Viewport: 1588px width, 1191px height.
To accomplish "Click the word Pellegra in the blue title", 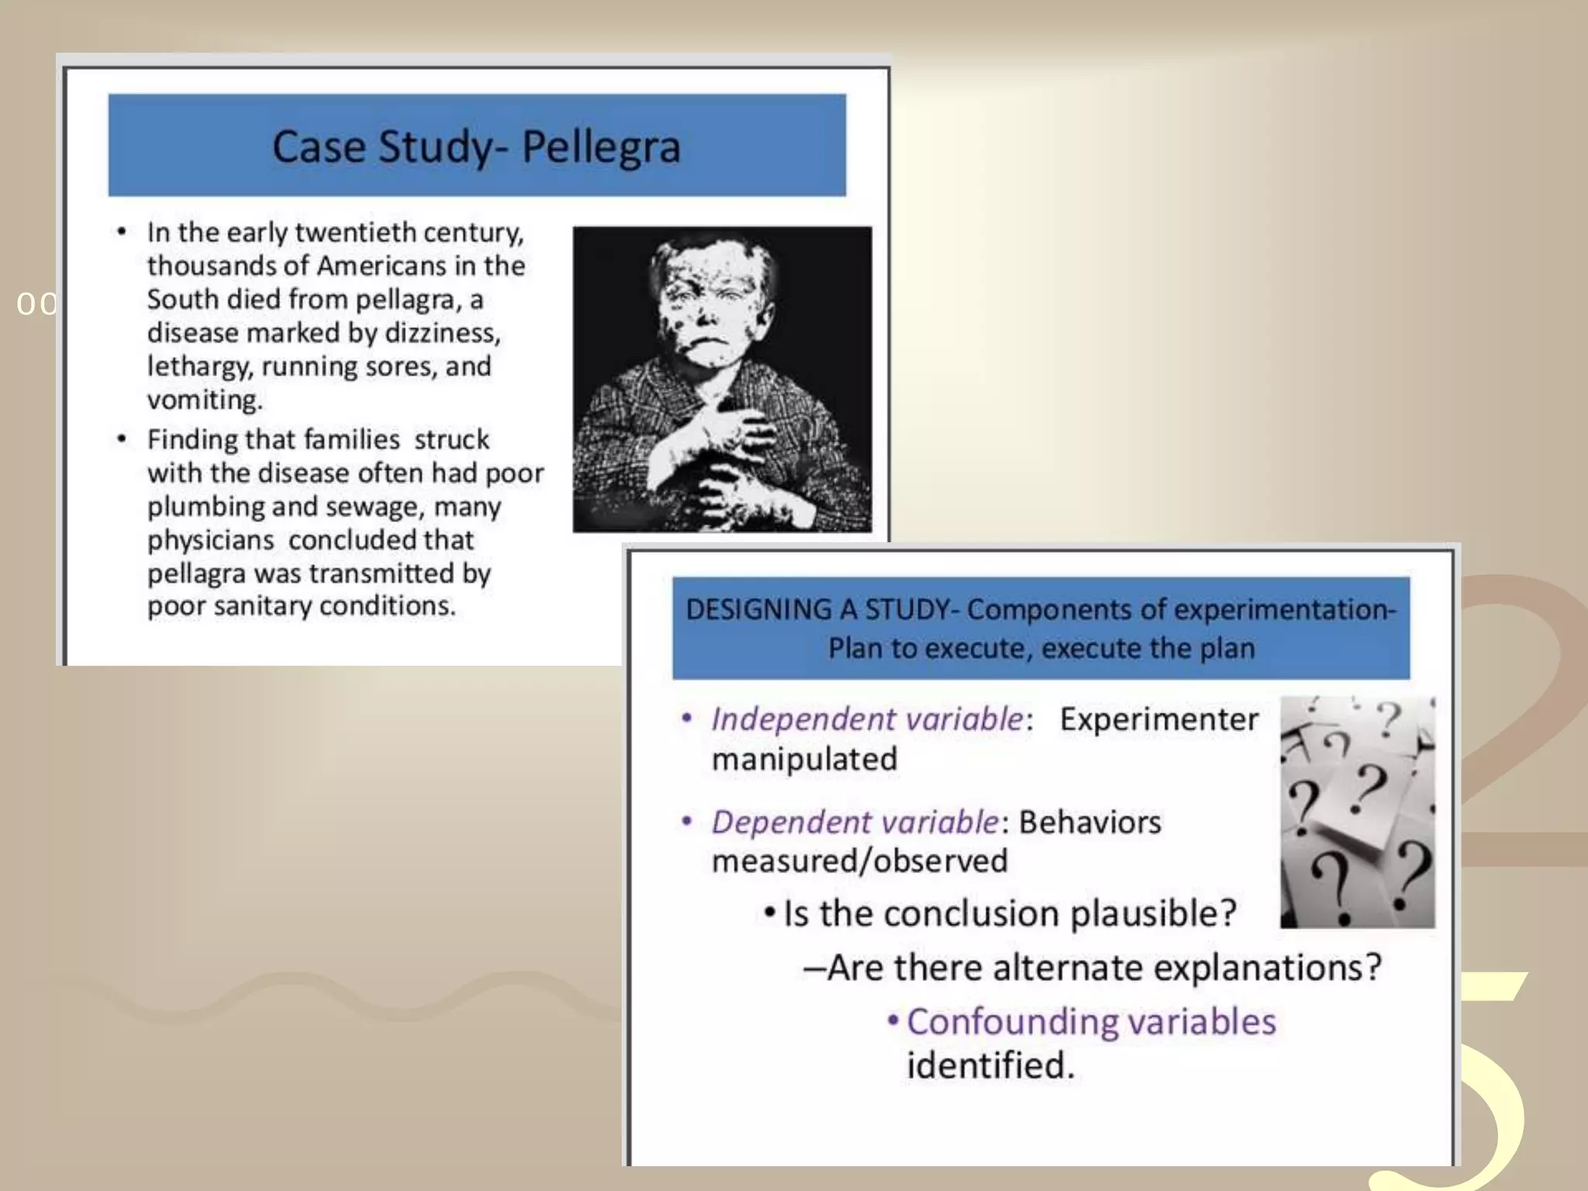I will (601, 147).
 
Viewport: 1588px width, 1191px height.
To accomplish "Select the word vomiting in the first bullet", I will (205, 400).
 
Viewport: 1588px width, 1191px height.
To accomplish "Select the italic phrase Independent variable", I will (867, 720).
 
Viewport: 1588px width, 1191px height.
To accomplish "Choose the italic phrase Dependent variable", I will (855, 823).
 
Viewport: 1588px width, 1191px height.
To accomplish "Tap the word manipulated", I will (804, 759).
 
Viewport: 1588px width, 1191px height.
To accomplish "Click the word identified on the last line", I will (990, 1066).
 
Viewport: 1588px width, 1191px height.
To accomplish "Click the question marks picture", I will (1357, 812).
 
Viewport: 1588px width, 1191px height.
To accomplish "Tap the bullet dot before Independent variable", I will (686, 719).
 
